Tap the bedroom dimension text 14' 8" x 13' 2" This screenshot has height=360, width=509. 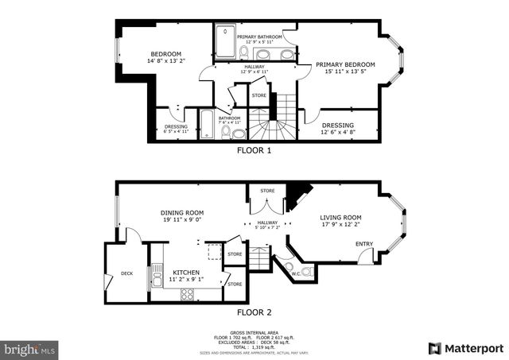point(166,61)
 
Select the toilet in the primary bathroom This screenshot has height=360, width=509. point(243,52)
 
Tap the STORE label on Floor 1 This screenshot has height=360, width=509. point(259,96)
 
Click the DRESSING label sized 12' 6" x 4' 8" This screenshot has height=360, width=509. point(338,125)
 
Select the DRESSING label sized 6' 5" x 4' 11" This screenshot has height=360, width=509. point(176,126)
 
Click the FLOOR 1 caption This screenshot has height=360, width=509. point(254,149)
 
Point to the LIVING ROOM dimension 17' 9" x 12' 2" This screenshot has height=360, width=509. point(341,225)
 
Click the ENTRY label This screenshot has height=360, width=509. point(364,244)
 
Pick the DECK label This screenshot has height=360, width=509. point(126,273)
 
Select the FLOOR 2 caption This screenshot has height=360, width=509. point(254,312)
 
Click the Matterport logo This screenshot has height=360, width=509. point(466,348)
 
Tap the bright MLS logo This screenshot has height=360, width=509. point(30,348)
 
